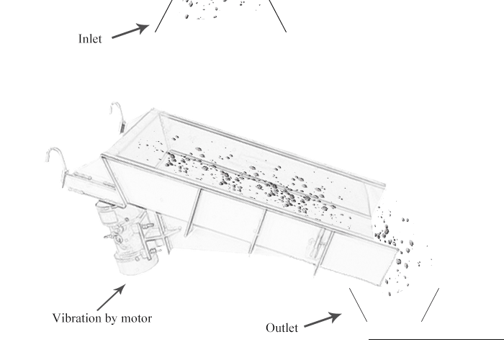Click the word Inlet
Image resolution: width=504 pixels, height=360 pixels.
click(x=90, y=39)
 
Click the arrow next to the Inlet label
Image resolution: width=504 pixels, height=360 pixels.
click(x=130, y=32)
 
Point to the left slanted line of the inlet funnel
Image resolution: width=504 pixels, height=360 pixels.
click(x=163, y=15)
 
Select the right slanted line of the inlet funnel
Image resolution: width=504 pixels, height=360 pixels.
click(x=279, y=16)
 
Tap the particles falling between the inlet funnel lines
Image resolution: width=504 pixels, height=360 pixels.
click(x=209, y=7)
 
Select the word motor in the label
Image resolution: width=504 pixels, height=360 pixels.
click(x=136, y=318)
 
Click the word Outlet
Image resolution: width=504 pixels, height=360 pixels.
click(x=282, y=328)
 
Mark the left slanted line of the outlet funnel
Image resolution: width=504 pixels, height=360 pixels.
click(x=358, y=305)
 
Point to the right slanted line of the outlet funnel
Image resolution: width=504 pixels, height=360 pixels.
click(x=430, y=305)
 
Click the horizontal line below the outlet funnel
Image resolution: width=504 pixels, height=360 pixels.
click(x=436, y=338)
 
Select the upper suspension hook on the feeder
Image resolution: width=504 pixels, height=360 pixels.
click(x=116, y=113)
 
